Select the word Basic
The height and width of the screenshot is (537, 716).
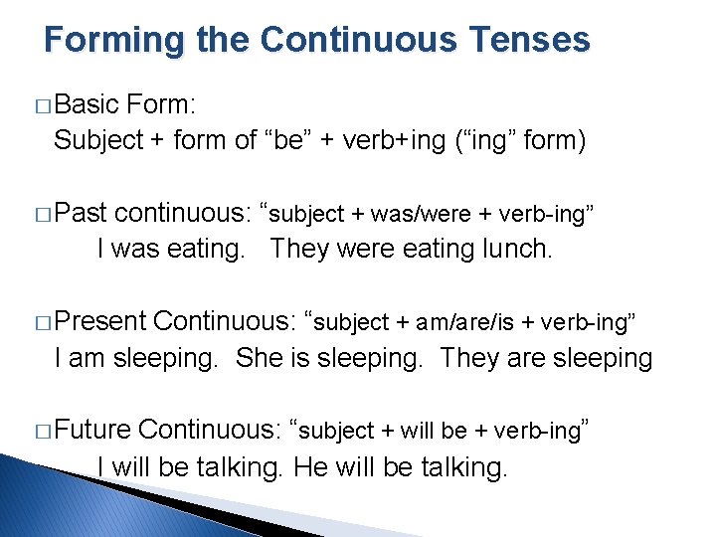click(88, 104)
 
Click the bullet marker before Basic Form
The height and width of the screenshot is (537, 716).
click(42, 105)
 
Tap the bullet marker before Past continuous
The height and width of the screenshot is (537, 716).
click(42, 214)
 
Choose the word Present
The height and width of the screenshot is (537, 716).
click(100, 321)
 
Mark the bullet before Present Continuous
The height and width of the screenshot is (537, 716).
click(42, 322)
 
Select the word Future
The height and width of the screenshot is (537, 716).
click(92, 430)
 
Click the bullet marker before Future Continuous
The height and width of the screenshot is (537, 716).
click(42, 431)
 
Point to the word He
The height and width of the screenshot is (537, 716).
click(311, 465)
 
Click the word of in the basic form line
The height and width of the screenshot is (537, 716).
click(246, 140)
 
